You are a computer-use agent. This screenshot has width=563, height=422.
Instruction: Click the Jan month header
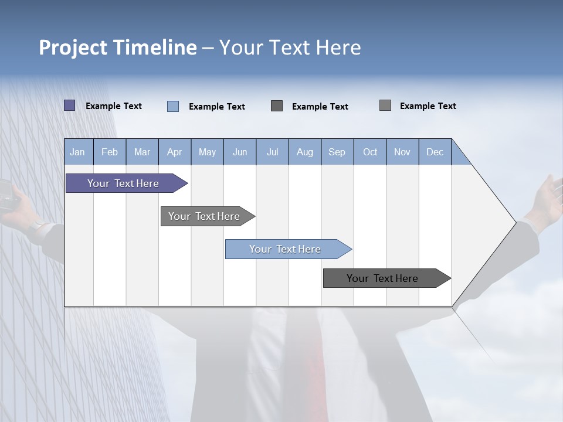pos(78,152)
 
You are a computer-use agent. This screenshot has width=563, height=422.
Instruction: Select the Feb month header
pos(110,152)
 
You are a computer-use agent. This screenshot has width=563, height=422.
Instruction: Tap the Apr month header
pos(174,152)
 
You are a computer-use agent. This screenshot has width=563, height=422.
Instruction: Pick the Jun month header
pos(239,152)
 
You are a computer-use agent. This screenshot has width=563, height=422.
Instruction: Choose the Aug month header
pos(304,152)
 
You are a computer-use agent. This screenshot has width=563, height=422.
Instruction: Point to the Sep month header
pos(337,152)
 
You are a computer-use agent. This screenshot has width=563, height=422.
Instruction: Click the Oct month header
pos(369,152)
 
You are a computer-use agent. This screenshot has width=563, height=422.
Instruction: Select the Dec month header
pos(435,152)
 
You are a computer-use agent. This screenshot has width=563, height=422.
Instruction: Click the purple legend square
pos(70,105)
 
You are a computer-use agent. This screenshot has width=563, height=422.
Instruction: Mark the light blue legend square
pos(173,106)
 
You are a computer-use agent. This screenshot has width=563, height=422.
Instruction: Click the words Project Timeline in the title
pos(118,47)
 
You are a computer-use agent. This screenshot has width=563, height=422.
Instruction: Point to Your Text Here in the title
pos(290,47)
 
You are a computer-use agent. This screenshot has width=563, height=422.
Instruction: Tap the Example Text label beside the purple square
pos(114,106)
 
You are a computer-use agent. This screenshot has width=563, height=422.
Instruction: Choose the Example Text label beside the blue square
pos(217,107)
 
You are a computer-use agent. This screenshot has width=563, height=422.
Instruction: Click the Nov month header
pos(402,152)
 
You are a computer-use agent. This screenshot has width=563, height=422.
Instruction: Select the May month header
pos(207,152)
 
